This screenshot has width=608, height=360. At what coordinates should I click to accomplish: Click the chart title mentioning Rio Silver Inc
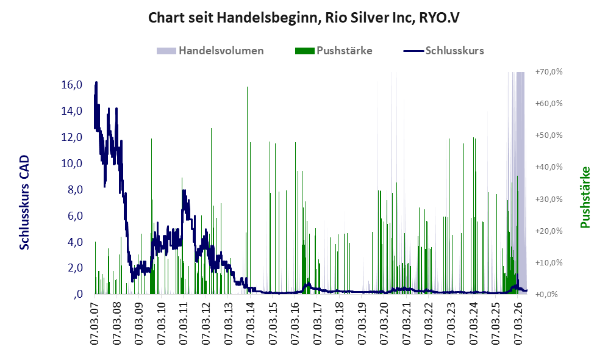click(304, 18)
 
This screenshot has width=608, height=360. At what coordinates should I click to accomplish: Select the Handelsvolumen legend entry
click(210, 51)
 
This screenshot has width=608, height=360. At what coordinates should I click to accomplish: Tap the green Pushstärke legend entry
click(334, 51)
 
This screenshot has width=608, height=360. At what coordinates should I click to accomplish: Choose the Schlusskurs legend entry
click(443, 51)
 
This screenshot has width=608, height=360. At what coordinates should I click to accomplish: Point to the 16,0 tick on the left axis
click(72, 85)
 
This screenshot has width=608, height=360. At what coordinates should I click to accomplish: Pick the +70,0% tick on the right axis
click(549, 72)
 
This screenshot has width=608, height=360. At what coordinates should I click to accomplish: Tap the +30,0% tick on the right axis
click(549, 199)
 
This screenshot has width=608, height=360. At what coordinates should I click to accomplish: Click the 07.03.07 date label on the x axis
click(95, 323)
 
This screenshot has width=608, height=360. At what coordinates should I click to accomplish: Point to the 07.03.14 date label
click(251, 323)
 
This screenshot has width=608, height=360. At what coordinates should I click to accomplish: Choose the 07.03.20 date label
click(385, 323)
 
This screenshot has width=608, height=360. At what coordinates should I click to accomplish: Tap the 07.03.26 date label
click(518, 323)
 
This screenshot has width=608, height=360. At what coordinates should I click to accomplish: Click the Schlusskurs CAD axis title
click(24, 203)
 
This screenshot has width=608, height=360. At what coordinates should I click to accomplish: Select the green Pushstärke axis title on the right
click(585, 197)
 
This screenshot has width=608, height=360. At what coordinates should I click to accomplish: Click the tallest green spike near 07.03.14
click(247, 190)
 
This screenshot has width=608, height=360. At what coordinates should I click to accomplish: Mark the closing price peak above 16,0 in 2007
click(96, 82)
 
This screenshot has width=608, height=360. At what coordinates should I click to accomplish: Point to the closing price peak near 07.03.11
click(184, 190)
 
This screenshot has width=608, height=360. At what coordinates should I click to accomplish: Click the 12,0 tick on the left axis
click(72, 137)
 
